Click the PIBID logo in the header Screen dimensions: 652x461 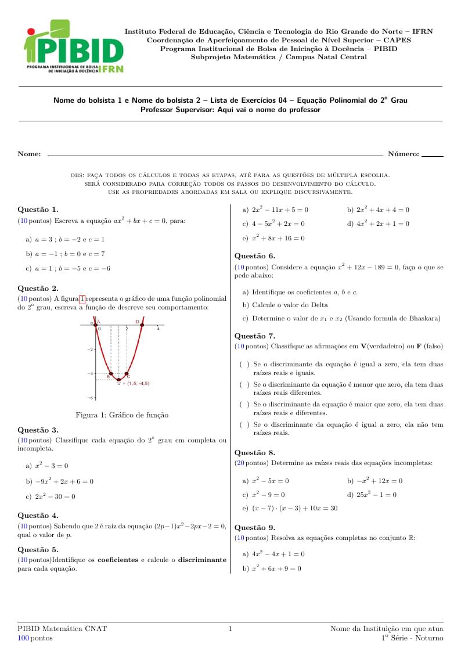(73, 47)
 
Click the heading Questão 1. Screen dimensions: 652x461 (38, 209)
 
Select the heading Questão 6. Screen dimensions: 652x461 (254, 255)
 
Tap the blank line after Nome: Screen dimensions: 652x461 (215, 156)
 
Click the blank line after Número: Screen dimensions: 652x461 (432, 156)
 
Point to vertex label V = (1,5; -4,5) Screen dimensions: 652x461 (134, 383)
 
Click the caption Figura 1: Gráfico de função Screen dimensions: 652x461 (122, 415)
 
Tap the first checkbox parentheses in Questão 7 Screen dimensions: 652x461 (244, 365)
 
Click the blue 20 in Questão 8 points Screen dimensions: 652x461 (239, 463)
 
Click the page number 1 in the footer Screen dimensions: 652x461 (230, 629)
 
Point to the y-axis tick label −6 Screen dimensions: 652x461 (91, 398)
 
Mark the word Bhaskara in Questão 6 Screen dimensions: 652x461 (425, 318)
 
